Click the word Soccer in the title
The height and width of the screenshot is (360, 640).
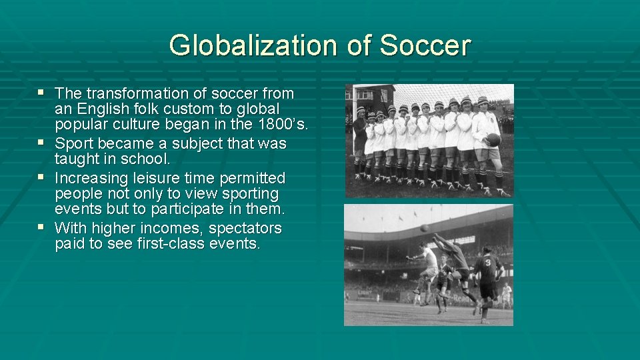coord(425,45)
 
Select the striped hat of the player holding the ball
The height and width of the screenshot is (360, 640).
coord(483,101)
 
